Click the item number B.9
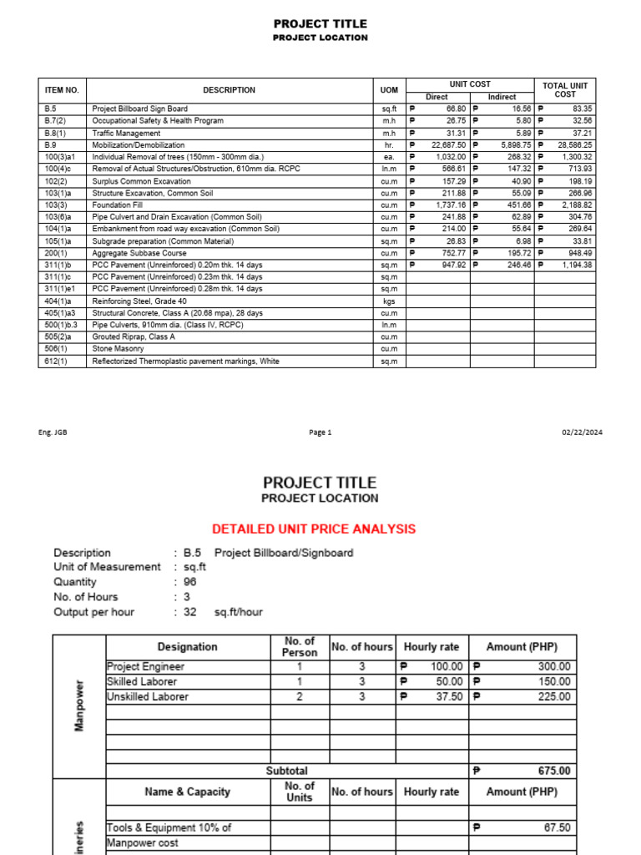point(50,144)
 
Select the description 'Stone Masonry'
point(115,349)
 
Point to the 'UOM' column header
point(389,90)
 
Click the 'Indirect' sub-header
point(502,97)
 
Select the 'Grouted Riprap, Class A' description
point(134,337)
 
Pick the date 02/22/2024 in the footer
point(583,433)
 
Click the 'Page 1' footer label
point(320,433)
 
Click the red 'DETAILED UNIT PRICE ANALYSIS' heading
point(314,529)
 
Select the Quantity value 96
point(189,582)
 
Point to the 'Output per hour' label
point(93,612)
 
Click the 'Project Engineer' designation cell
point(146,666)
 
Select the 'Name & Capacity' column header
point(187,792)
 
